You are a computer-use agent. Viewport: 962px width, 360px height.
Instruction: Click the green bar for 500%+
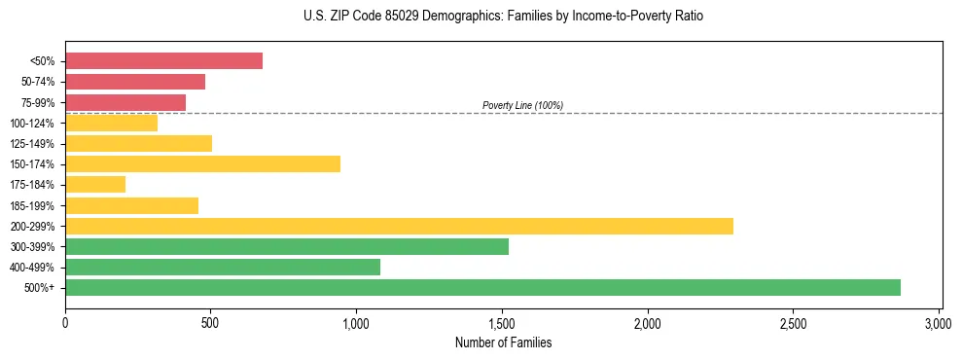pyautogui.click(x=482, y=287)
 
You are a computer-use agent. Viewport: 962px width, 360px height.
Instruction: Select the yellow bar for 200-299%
pyautogui.click(x=399, y=226)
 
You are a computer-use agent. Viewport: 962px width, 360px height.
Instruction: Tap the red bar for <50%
pyautogui.click(x=163, y=61)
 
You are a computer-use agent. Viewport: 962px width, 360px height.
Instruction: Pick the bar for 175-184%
pyautogui.click(x=95, y=184)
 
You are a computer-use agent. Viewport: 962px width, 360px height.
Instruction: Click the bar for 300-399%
pyautogui.click(x=287, y=246)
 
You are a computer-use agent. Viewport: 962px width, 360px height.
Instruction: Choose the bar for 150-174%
pyautogui.click(x=202, y=163)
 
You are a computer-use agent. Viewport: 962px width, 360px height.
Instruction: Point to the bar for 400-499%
pyautogui.click(x=223, y=267)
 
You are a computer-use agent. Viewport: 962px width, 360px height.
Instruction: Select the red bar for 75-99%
pyautogui.click(x=125, y=102)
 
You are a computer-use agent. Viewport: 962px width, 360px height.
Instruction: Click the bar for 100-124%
pyautogui.click(x=111, y=123)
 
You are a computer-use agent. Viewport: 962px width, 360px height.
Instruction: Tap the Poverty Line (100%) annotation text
pyautogui.click(x=522, y=105)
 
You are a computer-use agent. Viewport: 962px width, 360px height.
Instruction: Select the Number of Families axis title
pyautogui.click(x=503, y=342)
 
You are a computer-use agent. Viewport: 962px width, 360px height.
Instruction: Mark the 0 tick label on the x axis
pyautogui.click(x=65, y=322)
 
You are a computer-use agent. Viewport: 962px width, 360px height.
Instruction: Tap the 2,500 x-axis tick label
pyautogui.click(x=793, y=322)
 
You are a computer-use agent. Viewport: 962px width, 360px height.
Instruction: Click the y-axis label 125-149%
pyautogui.click(x=32, y=144)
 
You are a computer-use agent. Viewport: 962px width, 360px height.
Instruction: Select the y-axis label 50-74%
pyautogui.click(x=35, y=82)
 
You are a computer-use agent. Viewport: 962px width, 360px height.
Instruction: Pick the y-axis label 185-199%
pyautogui.click(x=32, y=205)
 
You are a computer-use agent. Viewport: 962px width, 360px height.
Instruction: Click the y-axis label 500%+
pyautogui.click(x=40, y=288)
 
